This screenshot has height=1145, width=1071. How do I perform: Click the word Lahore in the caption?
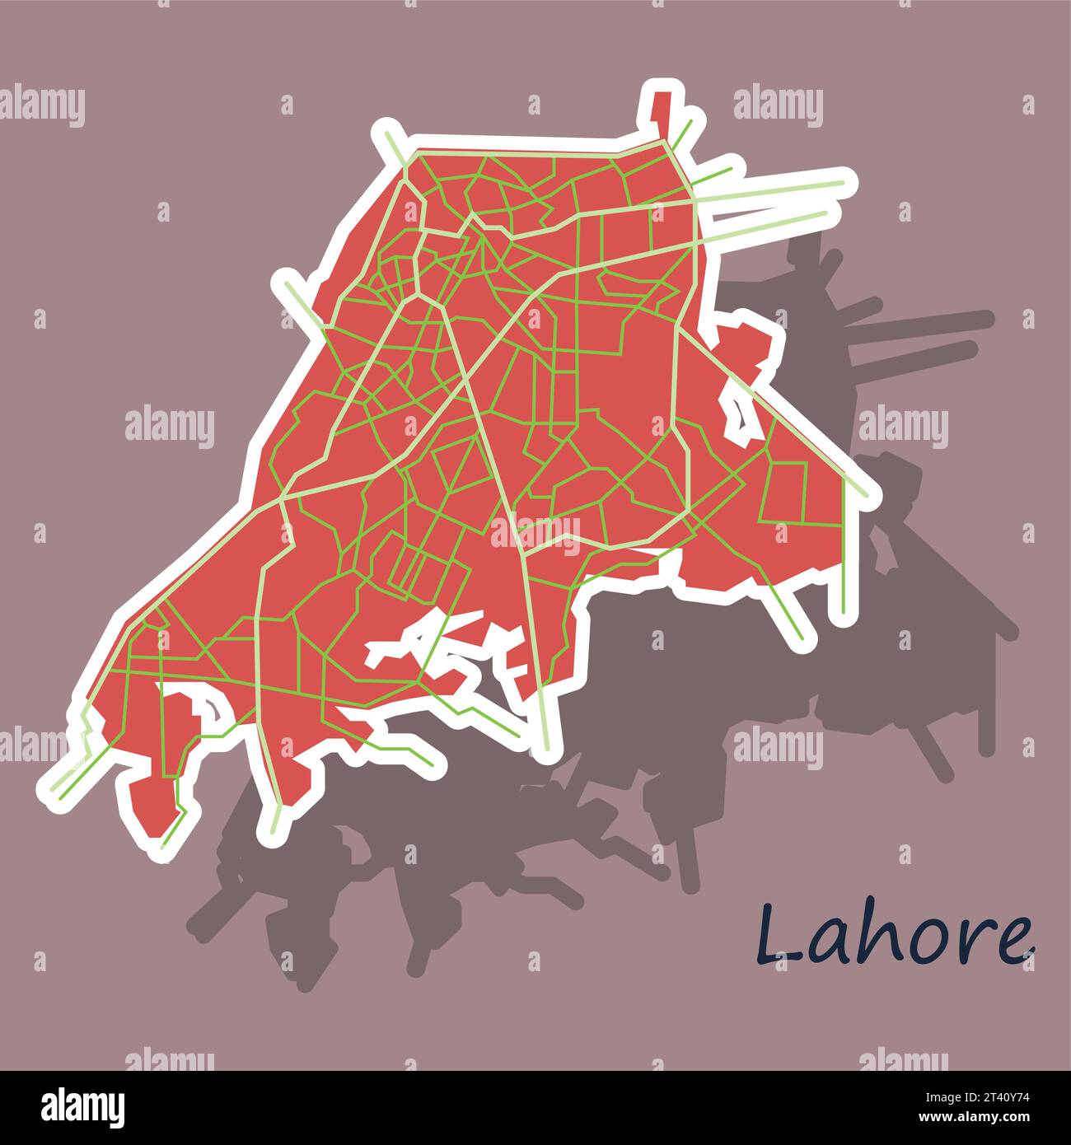pos(895,935)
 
